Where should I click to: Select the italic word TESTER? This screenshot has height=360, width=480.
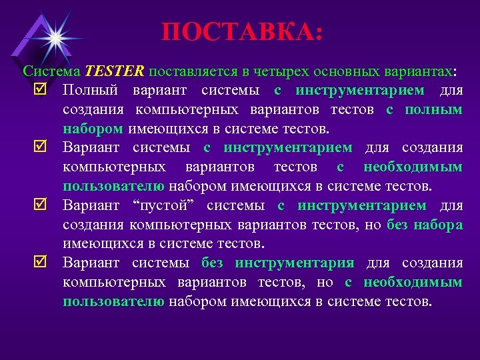click(115, 71)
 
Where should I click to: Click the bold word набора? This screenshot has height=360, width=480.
click(437, 225)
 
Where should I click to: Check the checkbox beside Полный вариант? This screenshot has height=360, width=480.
click(39, 90)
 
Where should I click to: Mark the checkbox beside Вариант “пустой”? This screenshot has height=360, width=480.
click(39, 205)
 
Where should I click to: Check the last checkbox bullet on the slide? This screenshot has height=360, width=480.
click(39, 263)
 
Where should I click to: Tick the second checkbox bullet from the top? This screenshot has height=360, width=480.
click(39, 148)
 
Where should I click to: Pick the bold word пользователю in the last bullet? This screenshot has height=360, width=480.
click(113, 301)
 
